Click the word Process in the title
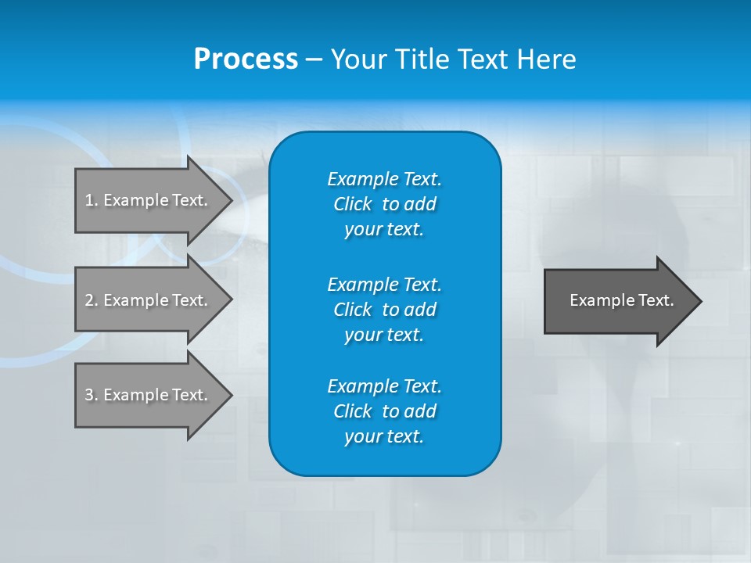coord(246,59)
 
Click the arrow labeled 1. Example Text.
coord(149,200)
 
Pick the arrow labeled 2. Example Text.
coord(149,300)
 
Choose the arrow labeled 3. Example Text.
coord(149,395)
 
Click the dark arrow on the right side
coord(618,300)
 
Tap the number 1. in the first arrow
coord(92,200)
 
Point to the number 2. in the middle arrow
coord(92,300)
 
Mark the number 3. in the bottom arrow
coord(92,395)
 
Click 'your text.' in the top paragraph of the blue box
coord(384,230)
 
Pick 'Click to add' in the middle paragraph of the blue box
coord(384,310)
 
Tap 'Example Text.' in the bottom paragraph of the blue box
coord(384,386)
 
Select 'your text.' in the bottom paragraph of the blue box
coord(384,437)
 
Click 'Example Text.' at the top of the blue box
coord(384,179)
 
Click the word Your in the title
coord(359,59)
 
